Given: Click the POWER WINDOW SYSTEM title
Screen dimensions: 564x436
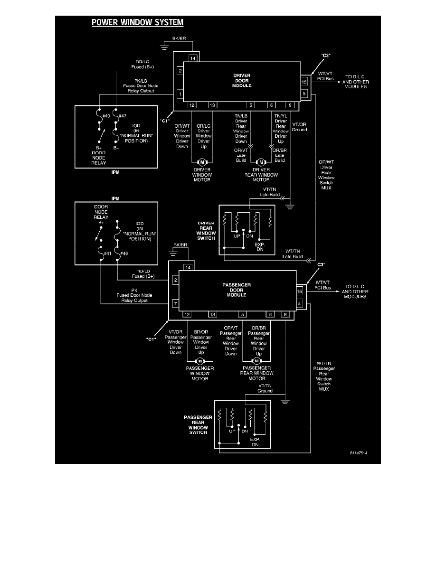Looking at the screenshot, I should (137, 22).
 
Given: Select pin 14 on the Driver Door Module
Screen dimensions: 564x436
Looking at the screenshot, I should (192, 58).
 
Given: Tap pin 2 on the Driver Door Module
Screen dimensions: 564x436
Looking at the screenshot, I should (180, 71).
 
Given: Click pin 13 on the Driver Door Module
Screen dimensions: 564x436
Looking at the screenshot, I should (212, 105).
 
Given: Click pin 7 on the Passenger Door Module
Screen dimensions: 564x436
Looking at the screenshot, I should (175, 303).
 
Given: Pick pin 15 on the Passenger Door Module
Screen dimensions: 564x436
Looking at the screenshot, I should (300, 291).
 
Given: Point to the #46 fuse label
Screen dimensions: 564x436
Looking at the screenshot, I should (124, 254).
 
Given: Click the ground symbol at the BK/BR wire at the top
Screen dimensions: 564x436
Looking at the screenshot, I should (164, 47).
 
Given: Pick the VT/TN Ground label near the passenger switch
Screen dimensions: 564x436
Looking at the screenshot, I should (265, 388).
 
